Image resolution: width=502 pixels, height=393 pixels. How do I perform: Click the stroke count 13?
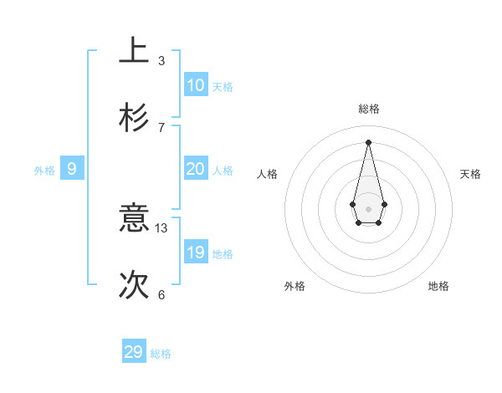coord(161,227)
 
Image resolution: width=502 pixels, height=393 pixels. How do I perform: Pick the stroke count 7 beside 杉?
coord(161,127)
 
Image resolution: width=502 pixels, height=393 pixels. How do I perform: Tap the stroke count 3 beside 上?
coord(161,60)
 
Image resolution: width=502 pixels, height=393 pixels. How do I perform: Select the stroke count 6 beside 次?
coord(161,294)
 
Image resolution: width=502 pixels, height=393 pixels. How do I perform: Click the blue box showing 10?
coord(195,85)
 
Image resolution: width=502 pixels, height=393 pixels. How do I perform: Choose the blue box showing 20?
coord(195,169)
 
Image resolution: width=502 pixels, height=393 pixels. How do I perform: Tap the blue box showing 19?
coord(195,253)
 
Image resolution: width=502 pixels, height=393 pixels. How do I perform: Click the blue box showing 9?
coord(72,169)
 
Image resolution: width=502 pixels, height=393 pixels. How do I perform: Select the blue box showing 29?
coord(134,352)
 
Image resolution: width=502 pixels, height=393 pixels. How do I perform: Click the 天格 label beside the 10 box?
coord(223,87)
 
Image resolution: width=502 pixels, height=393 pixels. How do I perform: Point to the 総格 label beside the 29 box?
coord(161,354)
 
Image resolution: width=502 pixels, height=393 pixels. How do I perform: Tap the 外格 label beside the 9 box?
coord(44,171)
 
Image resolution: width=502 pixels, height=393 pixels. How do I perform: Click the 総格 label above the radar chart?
coord(368,109)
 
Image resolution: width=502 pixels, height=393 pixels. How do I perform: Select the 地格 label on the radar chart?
coord(438,286)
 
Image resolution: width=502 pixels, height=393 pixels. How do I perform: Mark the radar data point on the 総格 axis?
coord(368,141)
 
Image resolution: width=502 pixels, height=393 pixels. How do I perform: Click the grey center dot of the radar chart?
coord(368,208)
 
